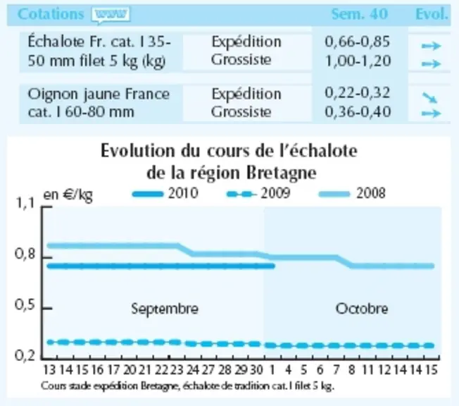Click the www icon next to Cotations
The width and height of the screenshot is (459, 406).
(x=111, y=15)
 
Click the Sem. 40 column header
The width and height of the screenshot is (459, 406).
(x=360, y=14)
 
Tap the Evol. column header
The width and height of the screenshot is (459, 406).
(x=432, y=14)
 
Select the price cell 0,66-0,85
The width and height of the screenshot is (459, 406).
(x=358, y=42)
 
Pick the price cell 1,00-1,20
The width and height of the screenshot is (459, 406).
(x=358, y=61)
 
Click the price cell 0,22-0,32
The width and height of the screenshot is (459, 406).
(x=358, y=93)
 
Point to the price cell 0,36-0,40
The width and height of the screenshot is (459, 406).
(x=358, y=112)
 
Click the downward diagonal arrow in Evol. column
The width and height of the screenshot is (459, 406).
(x=429, y=97)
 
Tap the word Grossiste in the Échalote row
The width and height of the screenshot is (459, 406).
(x=241, y=60)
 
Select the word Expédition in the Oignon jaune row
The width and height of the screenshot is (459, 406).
(x=246, y=94)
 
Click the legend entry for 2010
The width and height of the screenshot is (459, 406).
(x=165, y=193)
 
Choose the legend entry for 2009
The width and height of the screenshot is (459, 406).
(x=259, y=193)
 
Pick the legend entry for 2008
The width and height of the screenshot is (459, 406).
(x=352, y=193)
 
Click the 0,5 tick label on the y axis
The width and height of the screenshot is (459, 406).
(x=25, y=305)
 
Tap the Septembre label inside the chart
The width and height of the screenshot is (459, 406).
(x=165, y=309)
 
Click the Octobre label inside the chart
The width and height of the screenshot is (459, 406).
(x=362, y=309)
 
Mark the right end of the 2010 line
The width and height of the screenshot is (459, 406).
(x=273, y=266)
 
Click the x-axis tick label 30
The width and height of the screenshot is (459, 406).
(x=257, y=370)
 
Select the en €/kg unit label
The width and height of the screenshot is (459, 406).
(x=68, y=195)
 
